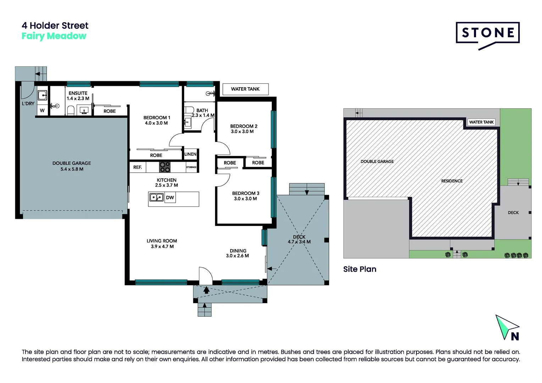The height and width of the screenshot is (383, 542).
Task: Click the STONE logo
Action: coord(488,35)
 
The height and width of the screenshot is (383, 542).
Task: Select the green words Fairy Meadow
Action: coord(54,36)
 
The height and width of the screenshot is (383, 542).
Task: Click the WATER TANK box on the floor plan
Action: coord(245,89)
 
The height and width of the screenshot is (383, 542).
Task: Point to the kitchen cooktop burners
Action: coord(165,167)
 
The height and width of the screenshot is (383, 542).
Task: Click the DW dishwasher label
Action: coord(170,198)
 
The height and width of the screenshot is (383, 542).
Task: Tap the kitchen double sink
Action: coord(156,198)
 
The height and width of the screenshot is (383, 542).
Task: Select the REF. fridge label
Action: coord(137,167)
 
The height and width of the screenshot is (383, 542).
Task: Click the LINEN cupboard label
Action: coord(190,154)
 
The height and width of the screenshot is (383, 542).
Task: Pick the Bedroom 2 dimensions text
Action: coord(242,132)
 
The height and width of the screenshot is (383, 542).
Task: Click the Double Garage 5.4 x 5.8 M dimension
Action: coord(72,169)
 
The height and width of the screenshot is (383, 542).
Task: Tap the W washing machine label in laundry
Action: coord(42,111)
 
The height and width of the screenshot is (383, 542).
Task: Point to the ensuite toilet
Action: coord(71,110)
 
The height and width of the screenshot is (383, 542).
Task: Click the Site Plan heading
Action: coord(360,269)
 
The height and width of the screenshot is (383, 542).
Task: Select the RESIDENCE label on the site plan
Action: coord(452,181)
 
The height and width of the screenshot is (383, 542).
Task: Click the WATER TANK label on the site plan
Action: coord(481,122)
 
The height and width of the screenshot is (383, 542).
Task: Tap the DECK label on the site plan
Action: coord(513,213)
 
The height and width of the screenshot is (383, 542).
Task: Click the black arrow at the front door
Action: coord(206,290)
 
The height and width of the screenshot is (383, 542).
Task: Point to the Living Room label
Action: coord(162,241)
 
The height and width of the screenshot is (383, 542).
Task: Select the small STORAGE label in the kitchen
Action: coord(191,167)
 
